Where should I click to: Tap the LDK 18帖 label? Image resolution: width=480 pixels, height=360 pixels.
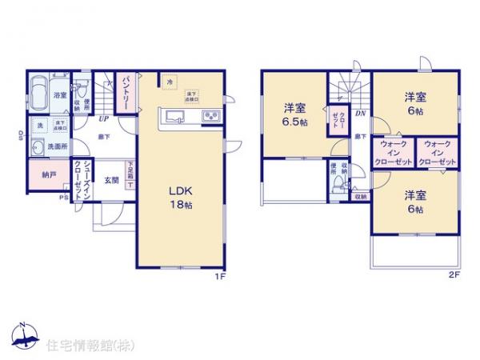tap(179, 197)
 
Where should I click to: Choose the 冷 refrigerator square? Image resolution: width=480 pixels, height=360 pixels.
tap(169, 81)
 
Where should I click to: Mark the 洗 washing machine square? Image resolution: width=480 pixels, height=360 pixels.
tap(38, 126)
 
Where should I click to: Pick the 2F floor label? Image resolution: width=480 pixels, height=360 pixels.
tap(452, 276)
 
